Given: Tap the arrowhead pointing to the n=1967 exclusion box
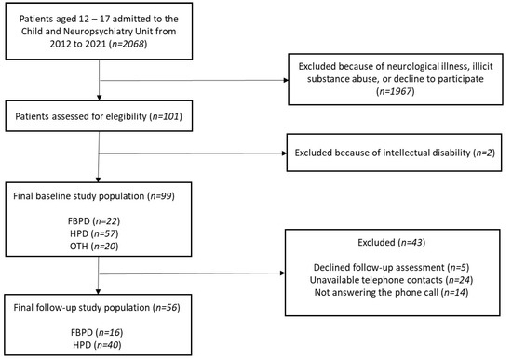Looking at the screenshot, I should pos(280,81).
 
